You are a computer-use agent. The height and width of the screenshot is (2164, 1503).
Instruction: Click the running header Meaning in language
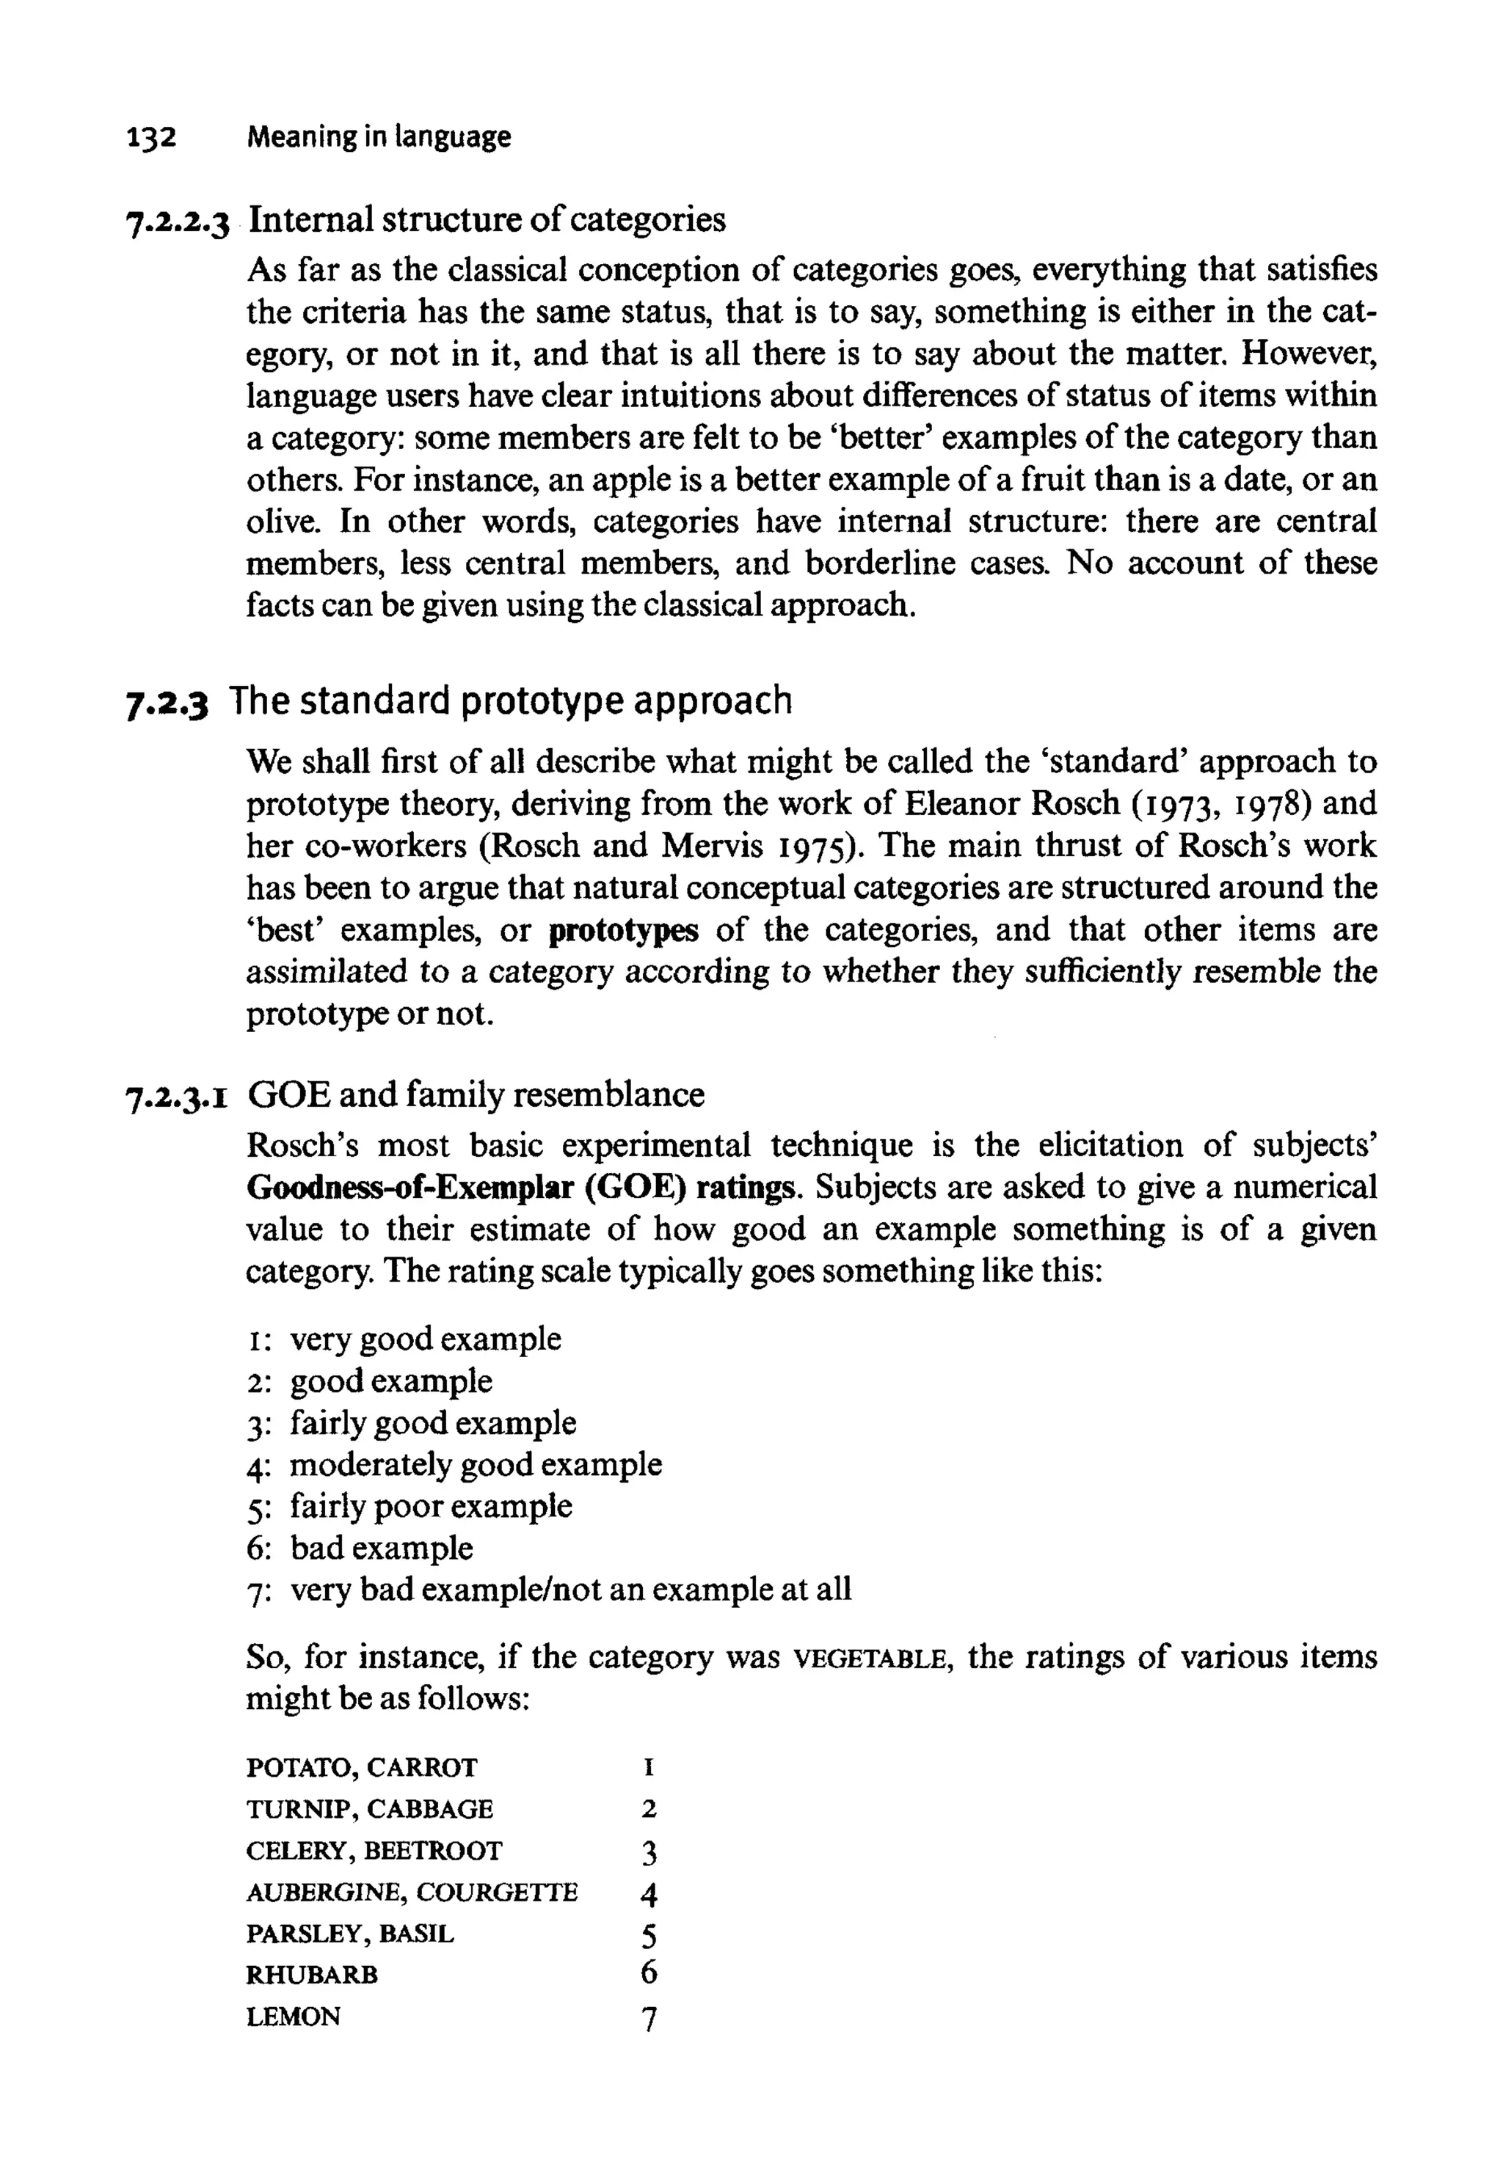coord(378,137)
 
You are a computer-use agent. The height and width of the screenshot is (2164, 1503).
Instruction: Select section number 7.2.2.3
coord(177,222)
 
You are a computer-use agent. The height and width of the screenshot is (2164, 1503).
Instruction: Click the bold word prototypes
coord(623,931)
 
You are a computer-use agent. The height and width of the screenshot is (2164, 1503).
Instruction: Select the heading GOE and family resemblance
coord(476,1094)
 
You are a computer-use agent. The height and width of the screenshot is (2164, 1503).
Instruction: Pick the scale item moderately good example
coord(475,1465)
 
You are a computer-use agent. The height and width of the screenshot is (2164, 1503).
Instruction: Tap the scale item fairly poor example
coord(430,1506)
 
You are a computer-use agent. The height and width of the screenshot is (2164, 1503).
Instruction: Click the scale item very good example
coord(425,1339)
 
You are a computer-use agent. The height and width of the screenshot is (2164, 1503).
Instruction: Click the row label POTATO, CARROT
coord(362,1768)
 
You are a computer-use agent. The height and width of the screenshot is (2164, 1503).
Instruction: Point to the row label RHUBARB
coord(312,1975)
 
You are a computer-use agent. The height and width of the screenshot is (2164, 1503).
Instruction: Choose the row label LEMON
coord(293,2017)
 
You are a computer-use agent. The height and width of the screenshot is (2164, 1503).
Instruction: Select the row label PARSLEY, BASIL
coord(349,1934)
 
